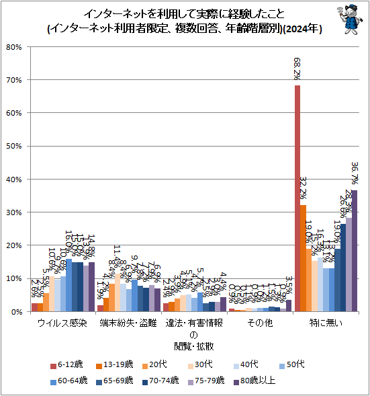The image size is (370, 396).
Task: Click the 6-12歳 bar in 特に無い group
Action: [x=297, y=198]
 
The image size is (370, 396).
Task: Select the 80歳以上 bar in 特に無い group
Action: [x=355, y=251]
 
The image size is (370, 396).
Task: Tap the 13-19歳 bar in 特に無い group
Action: [x=303, y=258]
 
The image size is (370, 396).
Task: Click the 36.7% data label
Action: [x=354, y=173]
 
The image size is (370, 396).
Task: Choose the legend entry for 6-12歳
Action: [x=68, y=364]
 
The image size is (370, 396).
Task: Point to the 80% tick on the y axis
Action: [x=14, y=47]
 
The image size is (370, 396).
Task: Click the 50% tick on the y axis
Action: [x=14, y=147]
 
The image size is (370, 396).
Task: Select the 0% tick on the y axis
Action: [x=17, y=312]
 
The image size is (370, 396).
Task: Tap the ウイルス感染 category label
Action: [x=63, y=323]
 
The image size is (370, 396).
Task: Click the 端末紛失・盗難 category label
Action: [x=128, y=323]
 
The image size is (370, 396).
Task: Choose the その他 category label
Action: [x=260, y=323]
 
